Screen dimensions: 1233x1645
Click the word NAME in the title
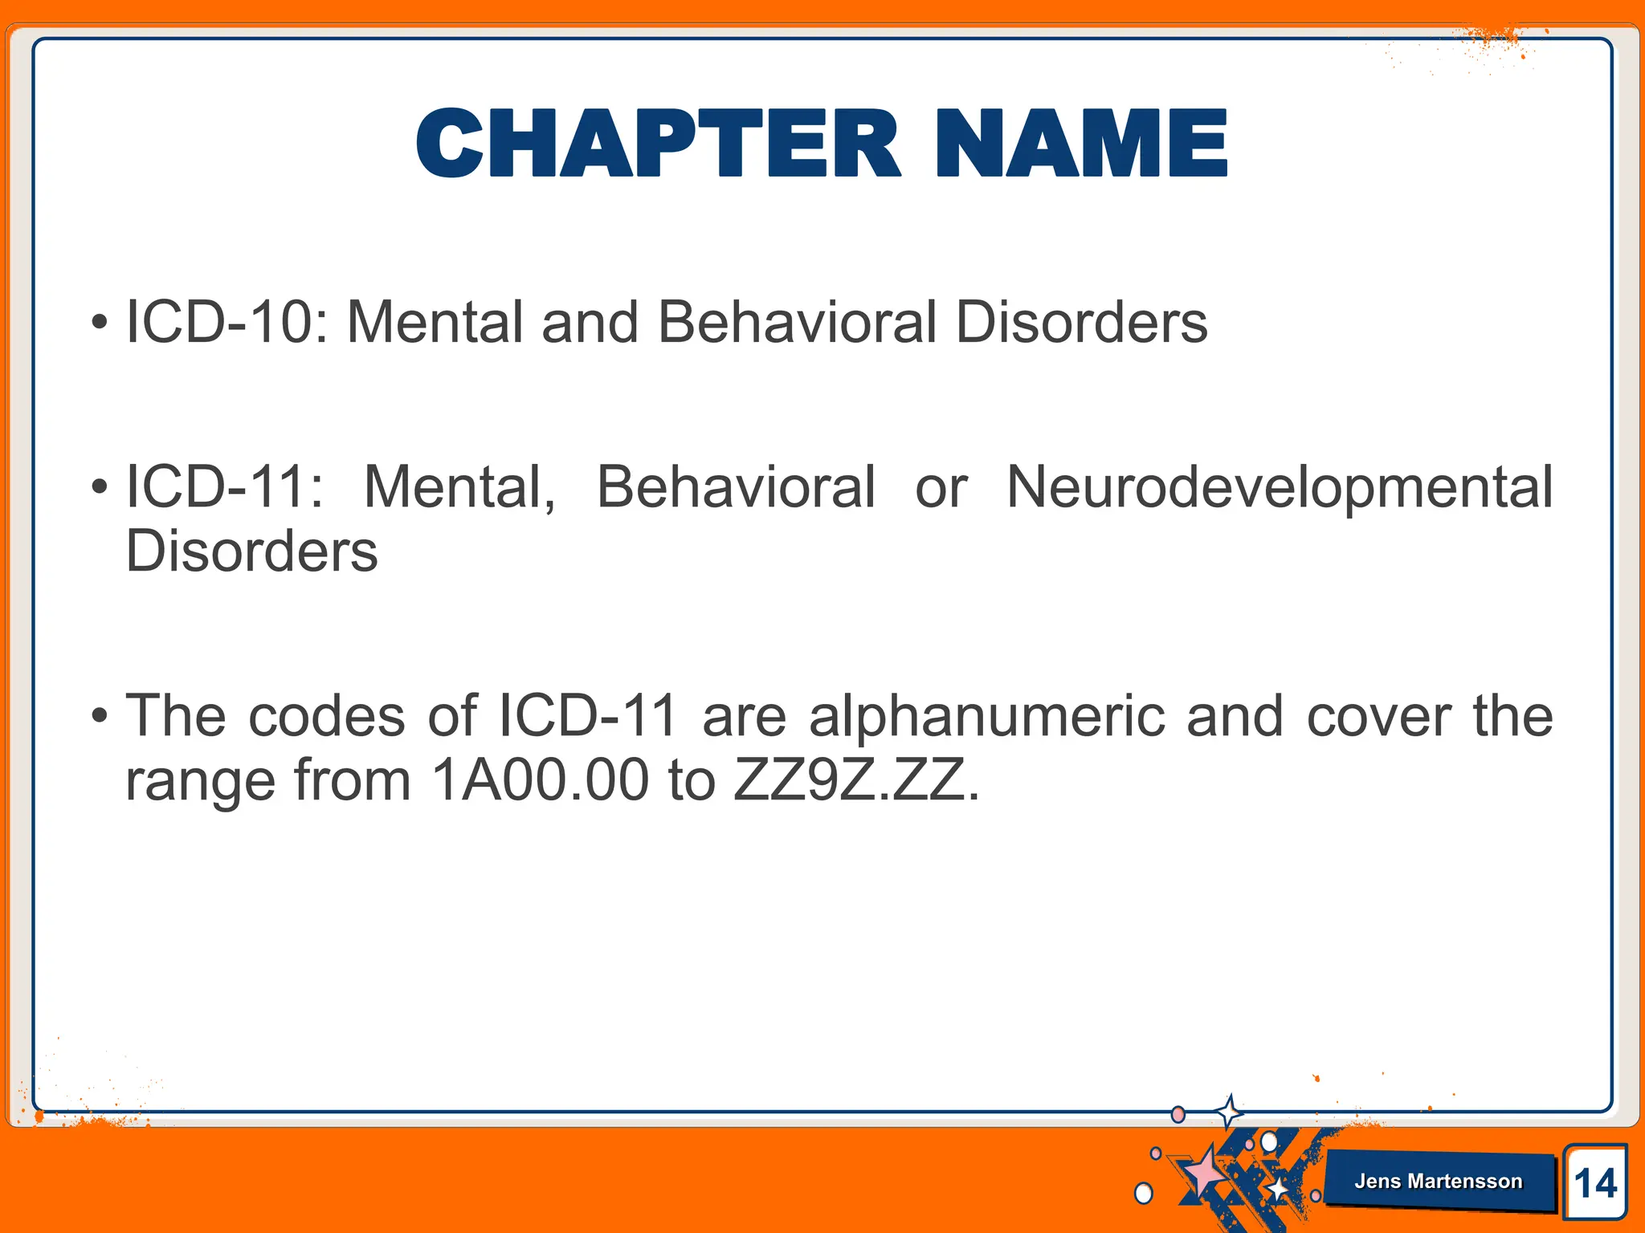1081,144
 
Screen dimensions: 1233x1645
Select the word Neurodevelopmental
1279,487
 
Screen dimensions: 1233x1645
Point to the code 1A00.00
539,780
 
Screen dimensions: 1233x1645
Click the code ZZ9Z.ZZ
855,780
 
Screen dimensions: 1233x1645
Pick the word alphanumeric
986,716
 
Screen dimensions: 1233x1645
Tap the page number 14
1594,1183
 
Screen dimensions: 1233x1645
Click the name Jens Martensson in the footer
1438,1181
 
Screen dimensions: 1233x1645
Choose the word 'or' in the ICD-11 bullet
941,487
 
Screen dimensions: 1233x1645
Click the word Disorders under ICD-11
251,551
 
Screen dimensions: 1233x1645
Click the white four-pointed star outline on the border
1228,1113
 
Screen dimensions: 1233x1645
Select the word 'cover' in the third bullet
1378,716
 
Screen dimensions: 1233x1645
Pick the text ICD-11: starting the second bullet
225,487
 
